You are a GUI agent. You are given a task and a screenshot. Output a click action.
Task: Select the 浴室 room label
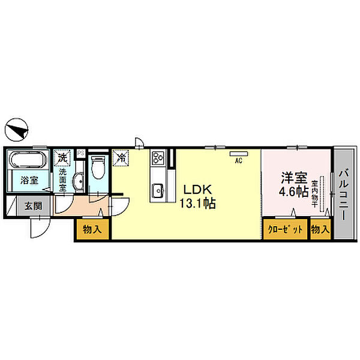(x=29, y=180)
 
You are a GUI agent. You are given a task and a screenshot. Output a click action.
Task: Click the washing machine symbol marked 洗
(x=62, y=158)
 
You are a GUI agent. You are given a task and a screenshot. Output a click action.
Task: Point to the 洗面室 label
(x=62, y=178)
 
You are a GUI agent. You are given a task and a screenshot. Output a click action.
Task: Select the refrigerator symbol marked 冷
(x=121, y=158)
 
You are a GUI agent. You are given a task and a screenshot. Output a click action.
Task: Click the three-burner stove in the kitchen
(x=158, y=159)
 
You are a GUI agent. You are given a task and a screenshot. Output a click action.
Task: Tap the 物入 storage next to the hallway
(x=92, y=230)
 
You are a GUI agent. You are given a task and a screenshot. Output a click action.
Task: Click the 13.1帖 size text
(x=197, y=203)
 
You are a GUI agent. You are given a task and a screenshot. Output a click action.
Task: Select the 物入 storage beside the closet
(x=320, y=230)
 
